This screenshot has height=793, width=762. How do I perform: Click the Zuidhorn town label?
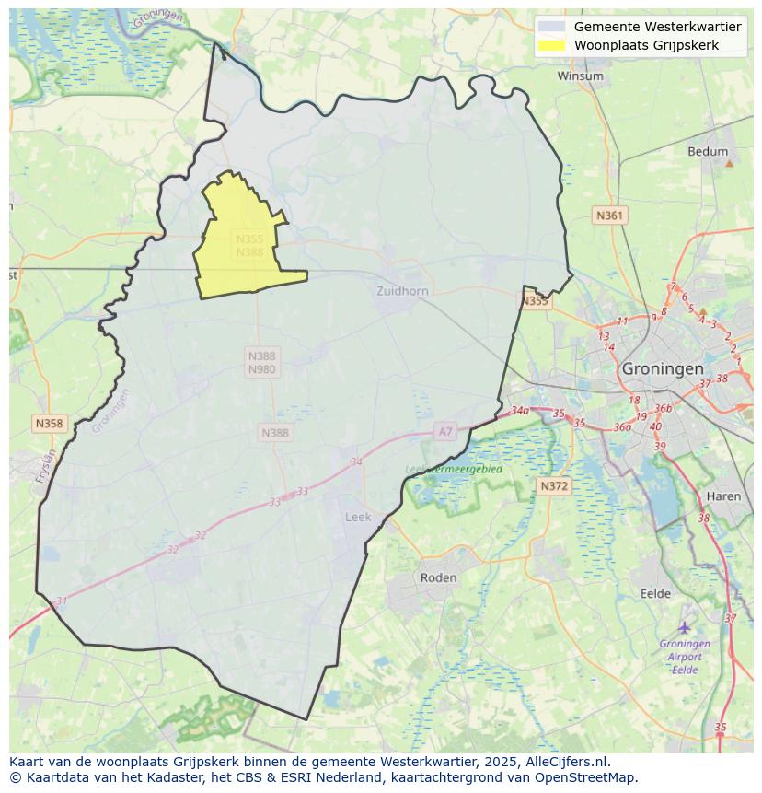point(402,291)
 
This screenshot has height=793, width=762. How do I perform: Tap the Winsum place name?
point(580,76)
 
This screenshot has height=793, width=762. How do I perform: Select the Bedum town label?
point(708,152)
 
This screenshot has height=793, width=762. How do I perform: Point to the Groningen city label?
point(663,367)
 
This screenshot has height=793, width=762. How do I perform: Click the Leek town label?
point(358,517)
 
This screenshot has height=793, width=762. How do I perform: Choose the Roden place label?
point(438,577)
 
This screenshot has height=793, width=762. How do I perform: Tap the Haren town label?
point(723,496)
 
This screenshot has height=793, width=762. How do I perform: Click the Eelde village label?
point(655,593)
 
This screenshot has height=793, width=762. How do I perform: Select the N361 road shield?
point(609,216)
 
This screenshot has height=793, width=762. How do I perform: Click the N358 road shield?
point(49,424)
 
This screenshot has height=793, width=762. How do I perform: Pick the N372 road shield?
point(554,485)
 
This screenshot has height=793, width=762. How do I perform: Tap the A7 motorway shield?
point(445,431)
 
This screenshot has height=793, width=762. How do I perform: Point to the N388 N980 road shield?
point(261,362)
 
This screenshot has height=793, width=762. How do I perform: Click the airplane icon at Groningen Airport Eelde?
point(685,627)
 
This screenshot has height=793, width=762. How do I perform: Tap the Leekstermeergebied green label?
point(454,469)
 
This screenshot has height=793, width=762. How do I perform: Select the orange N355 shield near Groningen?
point(535,301)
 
